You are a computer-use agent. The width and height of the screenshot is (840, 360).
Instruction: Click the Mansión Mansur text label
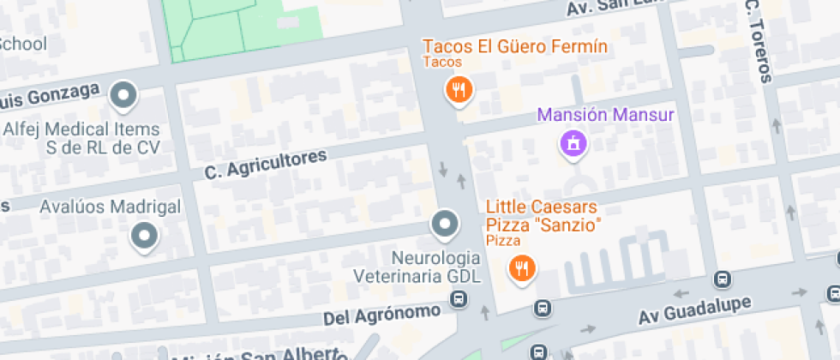606,114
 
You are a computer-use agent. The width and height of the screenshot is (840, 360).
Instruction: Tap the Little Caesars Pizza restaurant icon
521,269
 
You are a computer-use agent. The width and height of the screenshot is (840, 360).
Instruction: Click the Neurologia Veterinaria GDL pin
444,225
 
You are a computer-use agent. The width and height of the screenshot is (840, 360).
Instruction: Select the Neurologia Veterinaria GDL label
418,267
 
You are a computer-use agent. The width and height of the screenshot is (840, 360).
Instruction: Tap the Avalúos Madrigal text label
111,207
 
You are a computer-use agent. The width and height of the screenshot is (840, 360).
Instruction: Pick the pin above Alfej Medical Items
125,95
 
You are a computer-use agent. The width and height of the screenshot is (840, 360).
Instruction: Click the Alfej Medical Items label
82,138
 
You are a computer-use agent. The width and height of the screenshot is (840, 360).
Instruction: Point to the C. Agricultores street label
267,165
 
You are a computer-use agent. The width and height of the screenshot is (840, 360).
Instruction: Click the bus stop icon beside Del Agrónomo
459,299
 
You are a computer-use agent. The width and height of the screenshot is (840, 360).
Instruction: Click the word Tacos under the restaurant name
442,62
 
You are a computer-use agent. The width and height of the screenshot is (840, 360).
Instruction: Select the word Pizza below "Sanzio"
503,241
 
